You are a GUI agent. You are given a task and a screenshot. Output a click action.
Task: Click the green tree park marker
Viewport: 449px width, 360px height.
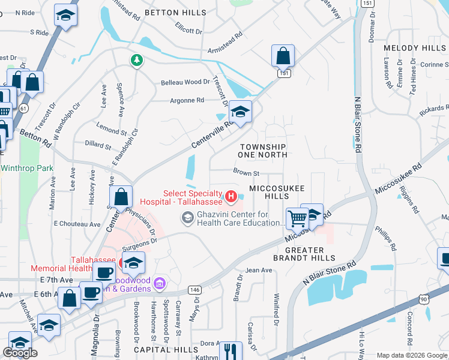tap(137, 59)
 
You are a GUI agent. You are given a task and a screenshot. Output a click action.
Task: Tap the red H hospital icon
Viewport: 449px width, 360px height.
tap(231, 196)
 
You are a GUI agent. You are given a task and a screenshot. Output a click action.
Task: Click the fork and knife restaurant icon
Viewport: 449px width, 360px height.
tap(230, 350)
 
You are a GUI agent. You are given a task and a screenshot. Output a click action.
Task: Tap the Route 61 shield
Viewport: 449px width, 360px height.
tap(23, 108)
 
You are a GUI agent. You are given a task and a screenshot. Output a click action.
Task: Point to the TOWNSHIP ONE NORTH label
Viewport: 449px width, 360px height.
tap(262, 151)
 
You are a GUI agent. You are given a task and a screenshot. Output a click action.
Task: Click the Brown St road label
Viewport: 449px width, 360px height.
tap(246, 173)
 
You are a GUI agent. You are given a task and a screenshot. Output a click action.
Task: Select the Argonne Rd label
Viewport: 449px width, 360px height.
tap(187, 100)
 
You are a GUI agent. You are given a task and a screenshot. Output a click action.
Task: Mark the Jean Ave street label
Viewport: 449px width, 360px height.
tap(259, 271)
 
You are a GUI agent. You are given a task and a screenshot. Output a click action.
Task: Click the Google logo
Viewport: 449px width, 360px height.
tap(20, 353)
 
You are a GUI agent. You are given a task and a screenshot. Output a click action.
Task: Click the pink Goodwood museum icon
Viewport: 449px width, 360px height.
tap(160, 282)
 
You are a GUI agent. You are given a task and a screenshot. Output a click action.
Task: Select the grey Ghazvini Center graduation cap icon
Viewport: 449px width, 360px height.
tap(188, 218)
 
